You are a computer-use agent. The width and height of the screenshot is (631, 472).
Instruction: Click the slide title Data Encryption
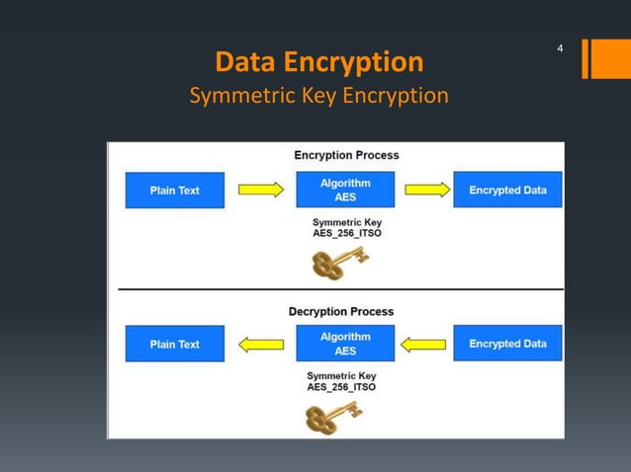coord(318,62)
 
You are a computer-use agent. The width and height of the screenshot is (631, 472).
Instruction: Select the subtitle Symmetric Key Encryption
coord(318,96)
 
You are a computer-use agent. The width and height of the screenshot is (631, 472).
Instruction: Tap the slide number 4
coord(561,48)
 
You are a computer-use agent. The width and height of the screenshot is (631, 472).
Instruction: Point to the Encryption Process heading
coord(346,155)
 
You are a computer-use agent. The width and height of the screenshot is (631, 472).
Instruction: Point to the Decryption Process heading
coord(340,311)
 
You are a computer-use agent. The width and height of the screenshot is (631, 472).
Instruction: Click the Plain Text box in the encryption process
coord(174,191)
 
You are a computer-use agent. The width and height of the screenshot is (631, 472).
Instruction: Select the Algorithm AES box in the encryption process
coord(345,190)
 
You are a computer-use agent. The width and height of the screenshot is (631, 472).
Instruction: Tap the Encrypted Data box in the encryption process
coord(507,190)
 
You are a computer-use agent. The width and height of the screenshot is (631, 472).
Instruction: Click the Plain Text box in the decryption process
coord(174,344)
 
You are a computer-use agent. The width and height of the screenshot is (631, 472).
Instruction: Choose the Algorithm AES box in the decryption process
coord(345,344)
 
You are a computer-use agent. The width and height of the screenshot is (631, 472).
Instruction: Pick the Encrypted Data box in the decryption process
coord(507,344)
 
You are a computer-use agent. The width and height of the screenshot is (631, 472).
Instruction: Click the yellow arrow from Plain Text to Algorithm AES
coord(260,190)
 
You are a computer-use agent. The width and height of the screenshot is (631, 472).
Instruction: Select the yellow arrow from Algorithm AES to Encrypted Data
coord(427,190)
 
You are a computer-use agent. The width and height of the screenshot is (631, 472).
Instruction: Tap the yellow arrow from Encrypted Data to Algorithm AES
coord(424,345)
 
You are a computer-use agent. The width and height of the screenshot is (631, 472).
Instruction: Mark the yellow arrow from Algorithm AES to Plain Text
coord(261,345)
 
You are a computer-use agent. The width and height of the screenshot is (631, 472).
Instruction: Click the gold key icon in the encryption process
coord(339,263)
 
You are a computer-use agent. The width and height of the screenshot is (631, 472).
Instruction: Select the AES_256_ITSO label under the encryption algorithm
coord(346,235)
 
